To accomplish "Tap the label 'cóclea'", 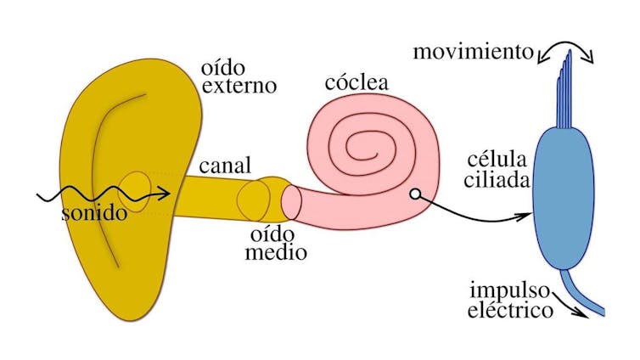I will point(357,83).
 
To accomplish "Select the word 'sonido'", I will point(94,213).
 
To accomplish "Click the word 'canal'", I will point(225,164).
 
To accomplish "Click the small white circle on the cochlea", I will point(414,194).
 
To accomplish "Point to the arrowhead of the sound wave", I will point(166,196).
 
